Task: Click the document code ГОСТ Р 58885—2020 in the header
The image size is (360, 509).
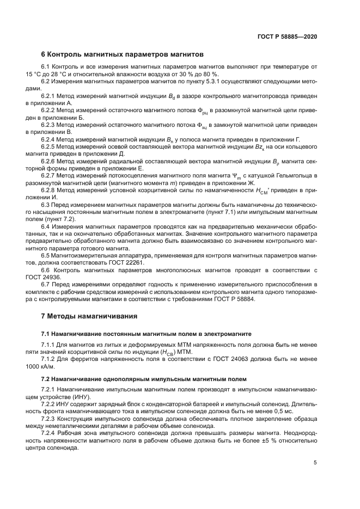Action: [x=288, y=36]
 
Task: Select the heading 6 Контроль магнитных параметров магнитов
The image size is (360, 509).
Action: [x=122, y=54]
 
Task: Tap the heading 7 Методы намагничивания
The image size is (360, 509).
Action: [x=89, y=316]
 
